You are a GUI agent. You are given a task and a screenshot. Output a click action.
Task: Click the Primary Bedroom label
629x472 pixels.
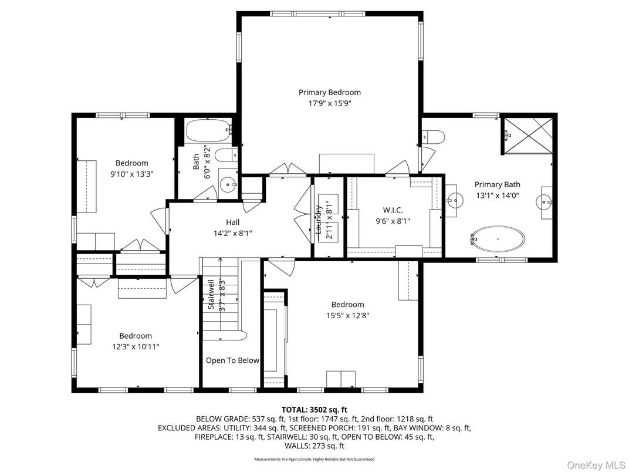click(x=329, y=92)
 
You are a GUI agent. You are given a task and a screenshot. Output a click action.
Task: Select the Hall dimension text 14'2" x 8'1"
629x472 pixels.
click(x=233, y=232)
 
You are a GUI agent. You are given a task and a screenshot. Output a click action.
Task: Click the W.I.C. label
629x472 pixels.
click(x=393, y=210)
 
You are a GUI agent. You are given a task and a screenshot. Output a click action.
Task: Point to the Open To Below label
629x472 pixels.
click(x=232, y=360)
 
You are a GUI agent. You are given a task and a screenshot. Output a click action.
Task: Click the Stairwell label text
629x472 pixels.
click(x=211, y=294)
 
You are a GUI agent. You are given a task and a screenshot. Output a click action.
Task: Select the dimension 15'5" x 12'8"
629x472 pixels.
click(x=347, y=315)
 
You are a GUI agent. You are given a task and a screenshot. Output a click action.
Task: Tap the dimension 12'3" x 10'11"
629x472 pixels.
click(x=136, y=346)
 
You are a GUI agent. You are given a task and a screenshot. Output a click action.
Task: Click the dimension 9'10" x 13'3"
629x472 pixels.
click(x=131, y=173)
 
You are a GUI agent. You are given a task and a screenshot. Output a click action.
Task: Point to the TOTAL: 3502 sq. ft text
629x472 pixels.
click(x=314, y=409)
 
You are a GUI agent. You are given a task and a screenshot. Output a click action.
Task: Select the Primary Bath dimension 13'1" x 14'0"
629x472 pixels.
click(x=497, y=195)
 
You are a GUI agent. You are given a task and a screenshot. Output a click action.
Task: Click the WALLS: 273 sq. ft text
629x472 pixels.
click(x=314, y=446)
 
